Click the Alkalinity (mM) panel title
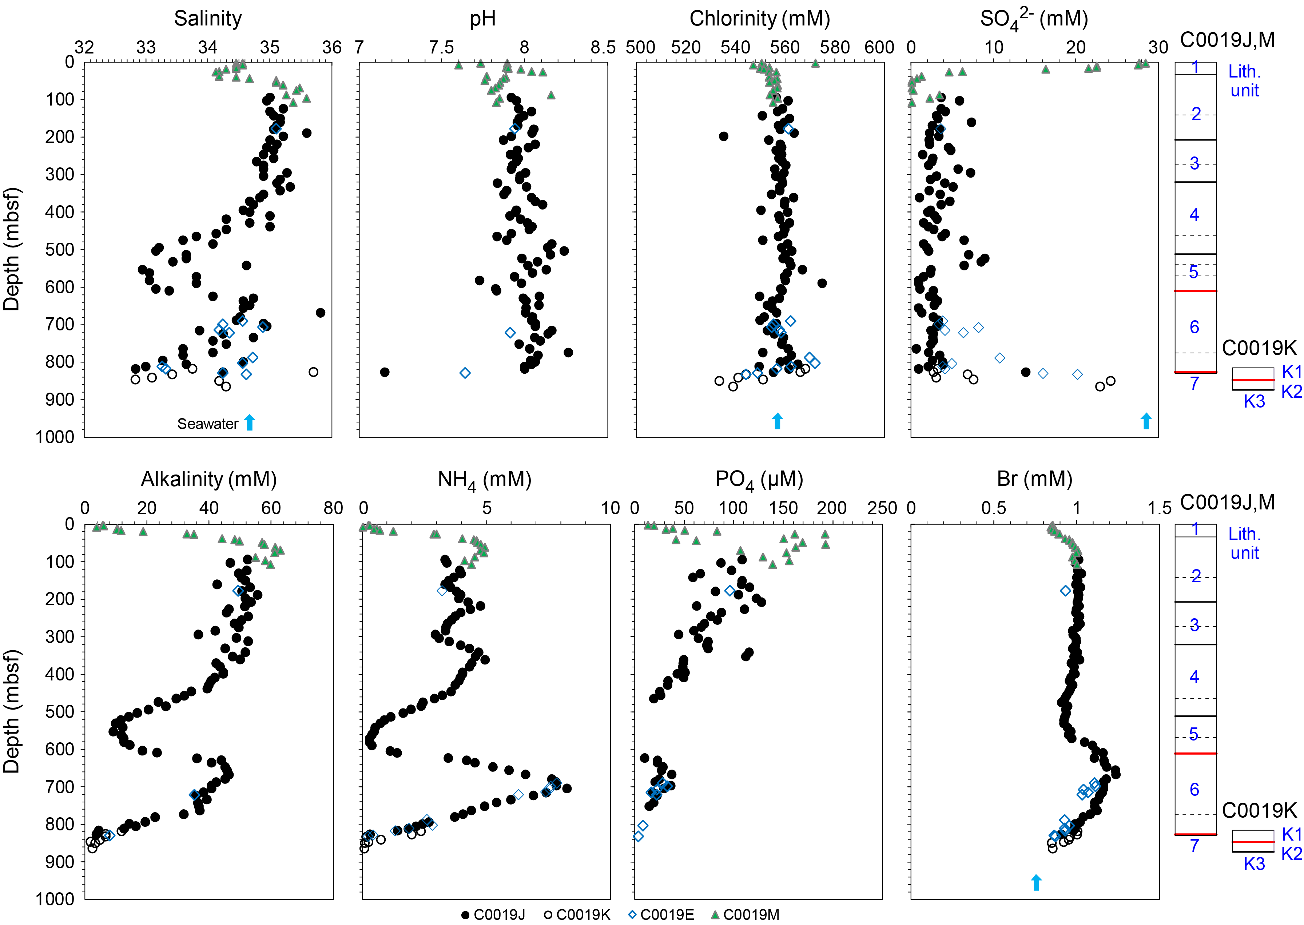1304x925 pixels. pyautogui.click(x=208, y=480)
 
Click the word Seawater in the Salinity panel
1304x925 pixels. pyautogui.click(x=207, y=424)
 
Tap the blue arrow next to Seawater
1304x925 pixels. pyautogui.click(x=249, y=422)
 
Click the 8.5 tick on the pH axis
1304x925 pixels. pyautogui.click(x=603, y=47)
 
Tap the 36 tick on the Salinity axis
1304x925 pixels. pyautogui.click(x=331, y=47)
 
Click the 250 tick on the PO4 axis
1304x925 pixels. pyautogui.click(x=882, y=508)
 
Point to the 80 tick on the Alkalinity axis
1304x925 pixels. pyautogui.click(x=333, y=508)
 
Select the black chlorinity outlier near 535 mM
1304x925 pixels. pyautogui.click(x=723, y=136)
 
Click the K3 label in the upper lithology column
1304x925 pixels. pyautogui.click(x=1254, y=402)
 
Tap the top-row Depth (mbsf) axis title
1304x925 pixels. pyautogui.click(x=11, y=249)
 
